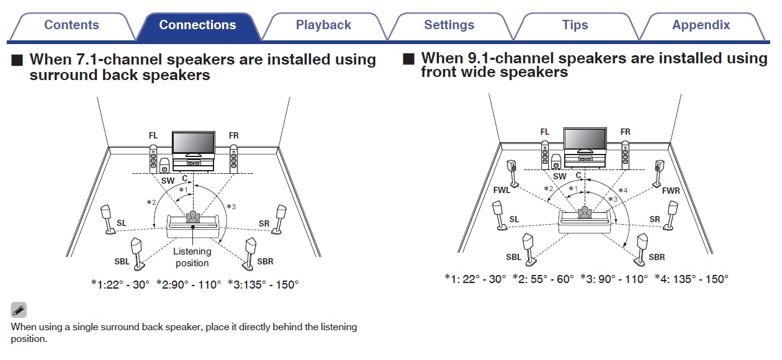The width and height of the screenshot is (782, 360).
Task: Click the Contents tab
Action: click(x=71, y=25)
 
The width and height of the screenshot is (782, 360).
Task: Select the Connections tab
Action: click(x=197, y=25)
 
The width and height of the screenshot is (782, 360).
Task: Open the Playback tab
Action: click(x=323, y=25)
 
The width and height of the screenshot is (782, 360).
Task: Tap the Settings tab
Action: click(x=449, y=25)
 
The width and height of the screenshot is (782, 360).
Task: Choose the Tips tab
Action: click(x=575, y=25)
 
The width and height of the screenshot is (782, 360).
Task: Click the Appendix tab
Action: click(x=701, y=25)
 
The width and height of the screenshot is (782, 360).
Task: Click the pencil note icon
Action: click(x=19, y=310)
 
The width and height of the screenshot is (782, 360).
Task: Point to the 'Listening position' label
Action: click(x=192, y=257)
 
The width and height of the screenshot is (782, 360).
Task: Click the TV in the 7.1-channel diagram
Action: click(x=193, y=143)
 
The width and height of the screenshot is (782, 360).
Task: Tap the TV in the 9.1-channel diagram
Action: click(x=585, y=140)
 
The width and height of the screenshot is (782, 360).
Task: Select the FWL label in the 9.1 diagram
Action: click(x=501, y=191)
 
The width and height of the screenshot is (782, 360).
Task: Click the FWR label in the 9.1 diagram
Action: click(x=670, y=191)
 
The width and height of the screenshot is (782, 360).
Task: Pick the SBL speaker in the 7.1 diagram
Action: click(x=138, y=253)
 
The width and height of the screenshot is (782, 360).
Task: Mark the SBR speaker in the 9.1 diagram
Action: click(x=642, y=246)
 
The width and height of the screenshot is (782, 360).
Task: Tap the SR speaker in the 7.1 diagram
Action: click(x=281, y=218)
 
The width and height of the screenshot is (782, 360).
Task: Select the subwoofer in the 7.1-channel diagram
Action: click(x=164, y=166)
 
